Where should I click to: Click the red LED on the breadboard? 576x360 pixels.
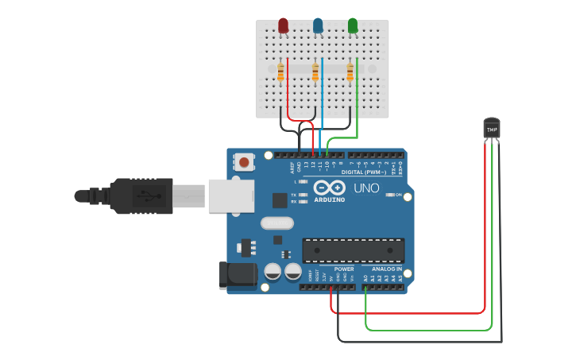pos(284,26)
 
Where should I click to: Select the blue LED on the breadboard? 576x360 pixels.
pos(318,26)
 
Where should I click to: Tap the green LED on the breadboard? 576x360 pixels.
pos(353,26)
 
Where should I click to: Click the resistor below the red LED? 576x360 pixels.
pos(280,73)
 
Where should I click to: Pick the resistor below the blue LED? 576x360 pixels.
pos(315,73)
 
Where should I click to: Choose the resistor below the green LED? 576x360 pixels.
pos(350,73)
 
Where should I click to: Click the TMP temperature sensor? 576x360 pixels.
pos(492,128)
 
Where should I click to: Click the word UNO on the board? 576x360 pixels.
pos(366,188)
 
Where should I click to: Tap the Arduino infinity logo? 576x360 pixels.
pos(330,188)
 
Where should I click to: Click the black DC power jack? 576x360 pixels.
pos(238,274)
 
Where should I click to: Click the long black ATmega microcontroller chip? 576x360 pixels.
pos(354,250)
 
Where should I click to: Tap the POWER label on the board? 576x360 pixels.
pos(344,269)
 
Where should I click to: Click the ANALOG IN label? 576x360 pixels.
pos(387,269)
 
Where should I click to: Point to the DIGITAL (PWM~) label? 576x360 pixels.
pos(363,172)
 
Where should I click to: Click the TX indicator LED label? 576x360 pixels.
pos(294,195)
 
